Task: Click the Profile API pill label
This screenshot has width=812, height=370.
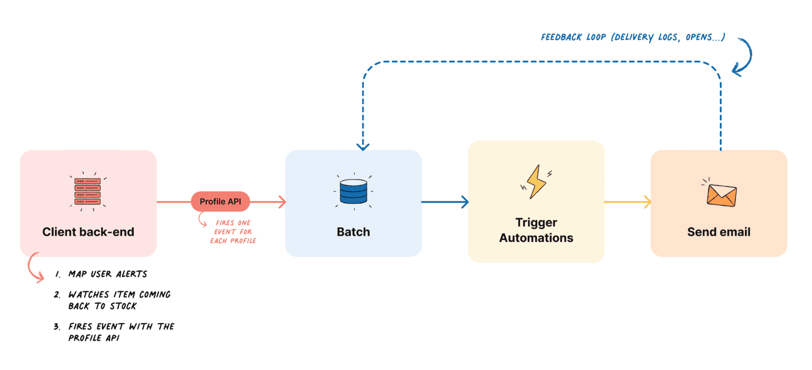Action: point(220,201)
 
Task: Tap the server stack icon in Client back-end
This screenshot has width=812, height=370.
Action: point(88,191)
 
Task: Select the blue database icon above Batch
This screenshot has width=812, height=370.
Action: point(353,191)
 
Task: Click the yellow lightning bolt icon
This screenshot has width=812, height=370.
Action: point(536,182)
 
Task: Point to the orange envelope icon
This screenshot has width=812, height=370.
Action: point(721,195)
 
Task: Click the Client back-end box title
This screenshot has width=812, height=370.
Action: point(88,232)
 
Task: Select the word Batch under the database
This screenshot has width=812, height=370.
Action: point(353,232)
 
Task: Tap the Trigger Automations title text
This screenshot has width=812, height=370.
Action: point(536,230)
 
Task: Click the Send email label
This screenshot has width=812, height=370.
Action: point(719,232)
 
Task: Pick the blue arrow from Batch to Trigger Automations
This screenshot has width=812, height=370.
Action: point(444,202)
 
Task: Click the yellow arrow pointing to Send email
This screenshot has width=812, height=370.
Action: point(627,202)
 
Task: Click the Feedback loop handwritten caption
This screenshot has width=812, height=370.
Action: point(633,37)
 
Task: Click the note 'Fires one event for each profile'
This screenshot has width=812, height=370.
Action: point(233,232)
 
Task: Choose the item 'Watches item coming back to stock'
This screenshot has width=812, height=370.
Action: point(119,300)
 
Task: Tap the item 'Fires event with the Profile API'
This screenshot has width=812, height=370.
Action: point(121,332)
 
